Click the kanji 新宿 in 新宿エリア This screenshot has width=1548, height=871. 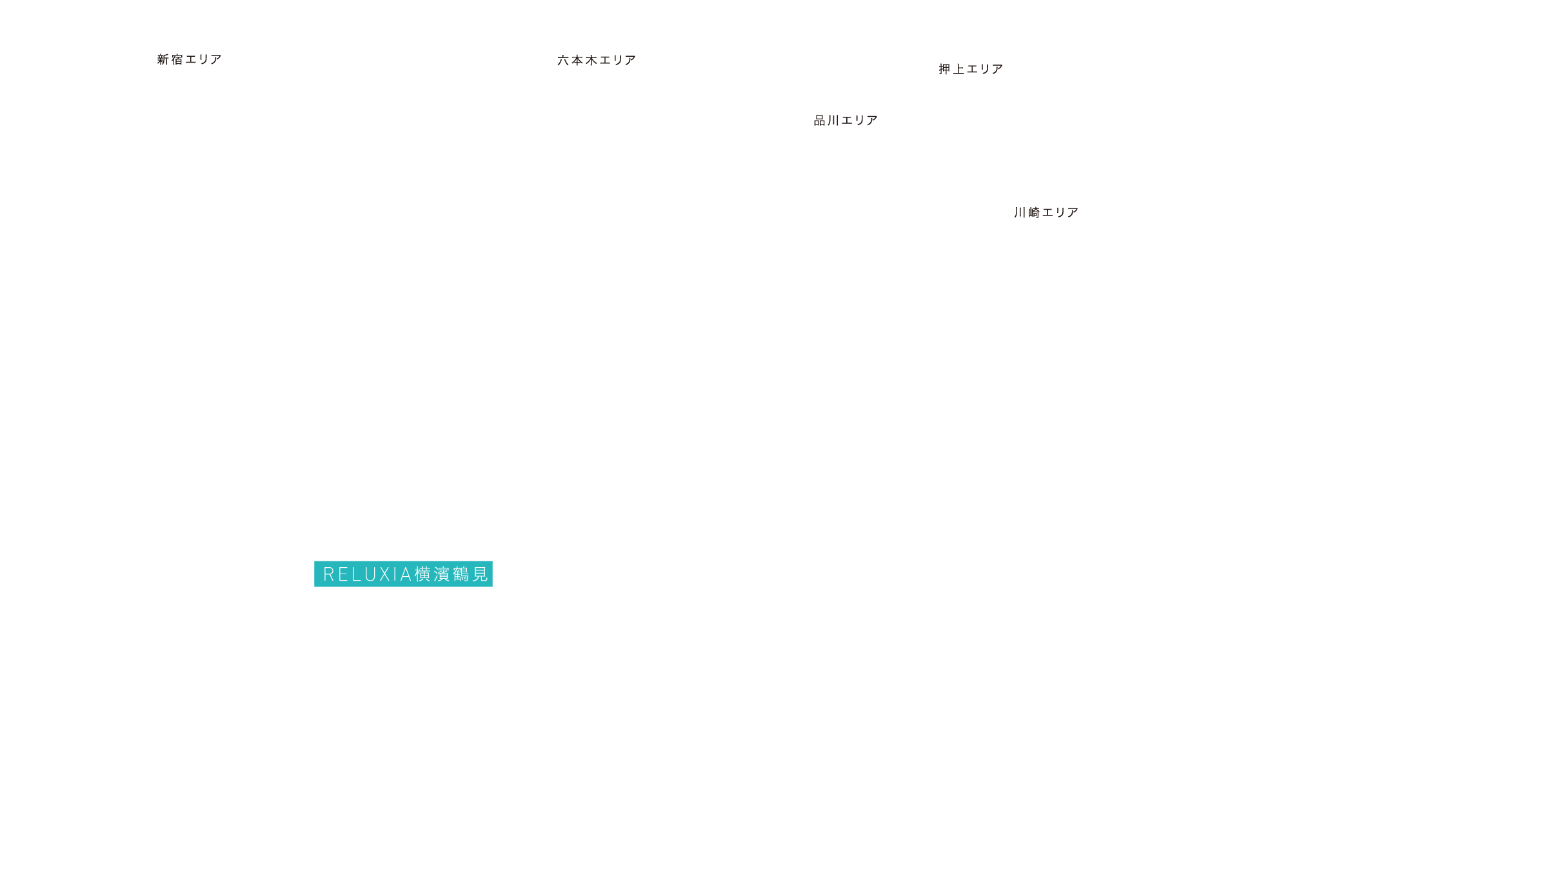coord(170,59)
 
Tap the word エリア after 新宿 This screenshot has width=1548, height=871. coord(204,59)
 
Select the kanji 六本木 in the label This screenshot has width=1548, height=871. coord(577,60)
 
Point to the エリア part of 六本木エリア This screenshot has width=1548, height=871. coord(618,60)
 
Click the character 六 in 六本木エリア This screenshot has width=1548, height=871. coord(564,60)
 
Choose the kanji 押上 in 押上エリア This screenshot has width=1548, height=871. coord(951,69)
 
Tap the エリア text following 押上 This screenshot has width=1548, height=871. coord(985,69)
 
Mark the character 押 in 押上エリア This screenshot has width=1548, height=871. coord(945,69)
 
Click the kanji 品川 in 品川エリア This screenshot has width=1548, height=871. coord(826,121)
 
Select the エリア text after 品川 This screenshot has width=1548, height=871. coord(860,121)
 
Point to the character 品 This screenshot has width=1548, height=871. coord(820,121)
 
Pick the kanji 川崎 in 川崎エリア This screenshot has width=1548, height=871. coord(1027,212)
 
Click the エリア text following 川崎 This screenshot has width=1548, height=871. coord(1060,212)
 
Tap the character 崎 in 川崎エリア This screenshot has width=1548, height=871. coord(1034,212)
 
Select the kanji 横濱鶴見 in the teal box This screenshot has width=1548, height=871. coord(451,574)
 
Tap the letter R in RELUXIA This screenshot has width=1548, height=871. coord(328,574)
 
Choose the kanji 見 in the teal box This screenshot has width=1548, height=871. coord(480,574)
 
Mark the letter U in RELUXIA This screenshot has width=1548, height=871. coord(370,574)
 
